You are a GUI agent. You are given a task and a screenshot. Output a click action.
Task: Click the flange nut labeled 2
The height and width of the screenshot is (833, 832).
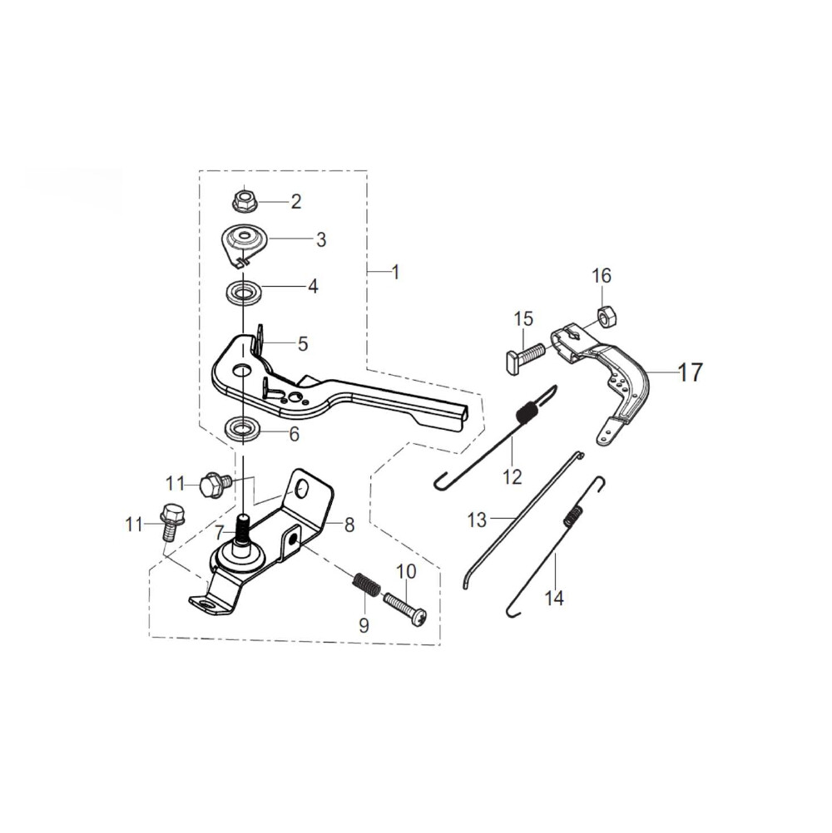tap(244, 200)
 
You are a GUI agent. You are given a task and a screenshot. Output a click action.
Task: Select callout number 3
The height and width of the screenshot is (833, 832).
tap(320, 239)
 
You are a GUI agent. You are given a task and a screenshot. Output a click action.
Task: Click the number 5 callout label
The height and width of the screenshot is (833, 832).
tap(303, 343)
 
